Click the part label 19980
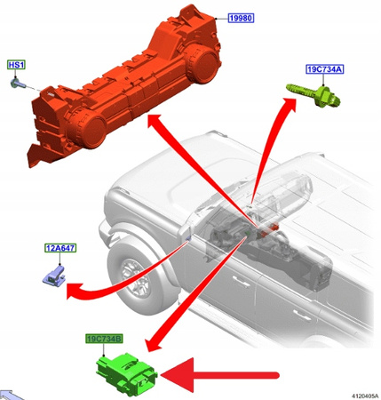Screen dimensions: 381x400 pyautogui.click(x=241, y=18)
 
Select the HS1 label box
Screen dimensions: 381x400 pyautogui.click(x=16, y=65)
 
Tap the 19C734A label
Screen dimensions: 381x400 pyautogui.click(x=325, y=69)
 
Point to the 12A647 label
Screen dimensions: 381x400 pyautogui.click(x=60, y=248)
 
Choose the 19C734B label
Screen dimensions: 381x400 pyautogui.click(x=104, y=339)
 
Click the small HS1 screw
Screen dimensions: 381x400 pyautogui.click(x=15, y=82)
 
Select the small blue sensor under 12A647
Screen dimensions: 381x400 pyautogui.click(x=54, y=276)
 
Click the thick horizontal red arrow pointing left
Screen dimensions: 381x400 pyautogui.click(x=219, y=375)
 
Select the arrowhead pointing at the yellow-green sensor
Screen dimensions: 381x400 pyautogui.click(x=289, y=104)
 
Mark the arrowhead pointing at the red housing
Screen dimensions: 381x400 pyautogui.click(x=155, y=122)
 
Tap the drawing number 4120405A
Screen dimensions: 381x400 pyautogui.click(x=365, y=396)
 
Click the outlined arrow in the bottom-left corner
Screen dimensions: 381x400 pyautogui.click(x=11, y=396)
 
